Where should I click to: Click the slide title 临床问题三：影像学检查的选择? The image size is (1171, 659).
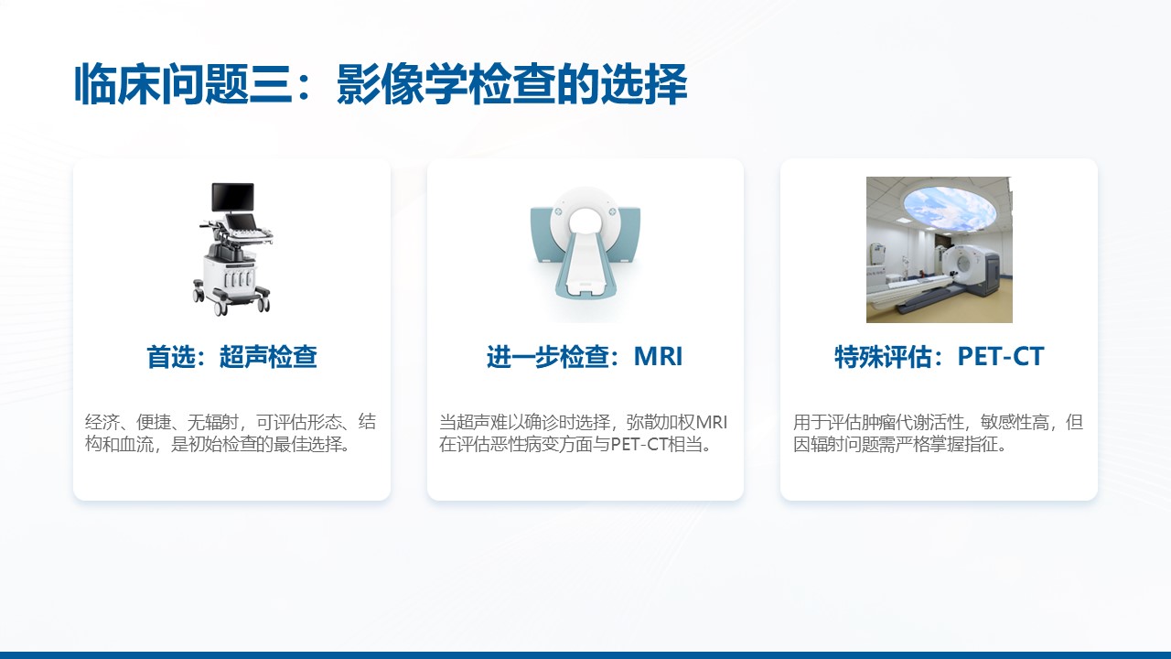[x=381, y=84]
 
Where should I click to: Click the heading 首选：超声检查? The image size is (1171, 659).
[x=231, y=357]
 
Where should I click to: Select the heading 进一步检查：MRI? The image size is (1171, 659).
[x=585, y=357]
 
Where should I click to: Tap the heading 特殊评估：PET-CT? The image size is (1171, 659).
[x=939, y=357]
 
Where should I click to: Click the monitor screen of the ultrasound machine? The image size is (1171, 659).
[x=232, y=197]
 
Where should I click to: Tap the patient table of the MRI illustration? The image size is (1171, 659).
[x=585, y=265]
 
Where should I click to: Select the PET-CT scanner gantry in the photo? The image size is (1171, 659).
[x=972, y=268]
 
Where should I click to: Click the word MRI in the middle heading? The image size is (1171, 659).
[x=658, y=357]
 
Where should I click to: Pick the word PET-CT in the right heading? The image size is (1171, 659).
[x=1001, y=357]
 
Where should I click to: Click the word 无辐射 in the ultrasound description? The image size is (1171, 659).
[x=213, y=422]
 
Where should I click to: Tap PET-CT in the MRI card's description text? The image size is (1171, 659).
[x=639, y=445]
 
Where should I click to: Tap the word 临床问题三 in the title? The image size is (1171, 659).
[x=183, y=84]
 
